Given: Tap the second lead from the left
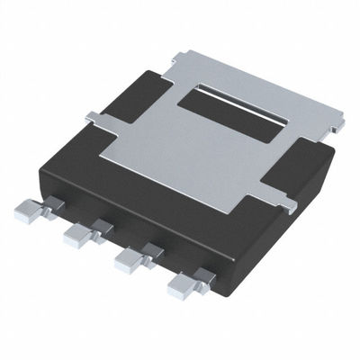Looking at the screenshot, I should pyautogui.click(x=77, y=237).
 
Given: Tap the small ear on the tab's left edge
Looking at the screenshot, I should pyautogui.click(x=94, y=116).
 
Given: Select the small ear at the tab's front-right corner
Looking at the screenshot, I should pyautogui.click(x=286, y=206).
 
